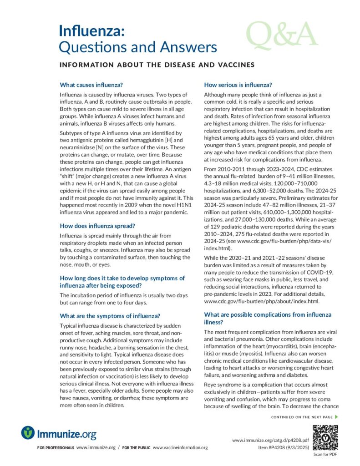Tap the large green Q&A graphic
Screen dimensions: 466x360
tap(282, 35)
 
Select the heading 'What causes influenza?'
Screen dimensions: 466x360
tap(91, 85)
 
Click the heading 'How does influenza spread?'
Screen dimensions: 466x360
tap(99, 225)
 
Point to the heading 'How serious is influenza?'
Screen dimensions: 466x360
tap(238, 85)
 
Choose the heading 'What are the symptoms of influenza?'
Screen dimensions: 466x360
tap(110, 316)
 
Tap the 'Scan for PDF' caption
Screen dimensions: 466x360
tap(325, 455)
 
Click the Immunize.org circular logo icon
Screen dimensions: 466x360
tap(28, 432)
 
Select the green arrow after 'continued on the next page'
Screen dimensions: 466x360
tap(336, 417)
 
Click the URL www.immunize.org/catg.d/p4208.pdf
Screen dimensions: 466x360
tap(270, 441)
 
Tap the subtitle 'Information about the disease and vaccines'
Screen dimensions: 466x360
tap(157, 65)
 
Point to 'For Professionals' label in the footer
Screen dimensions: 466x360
tap(56, 448)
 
